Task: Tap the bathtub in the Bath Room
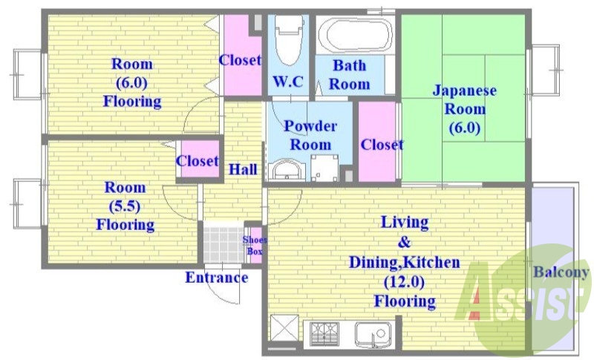[x=350, y=35]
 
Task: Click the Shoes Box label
[x=254, y=245]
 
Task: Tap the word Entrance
[x=216, y=278]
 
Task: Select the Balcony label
[x=561, y=272]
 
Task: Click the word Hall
[x=243, y=169]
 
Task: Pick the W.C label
[x=287, y=82]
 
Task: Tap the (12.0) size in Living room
[x=404, y=282]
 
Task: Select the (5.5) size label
[x=125, y=206]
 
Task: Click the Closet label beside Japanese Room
[x=382, y=144]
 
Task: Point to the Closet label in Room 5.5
[x=198, y=160]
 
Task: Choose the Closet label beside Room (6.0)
[x=240, y=60]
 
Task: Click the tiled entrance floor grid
[x=223, y=242]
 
